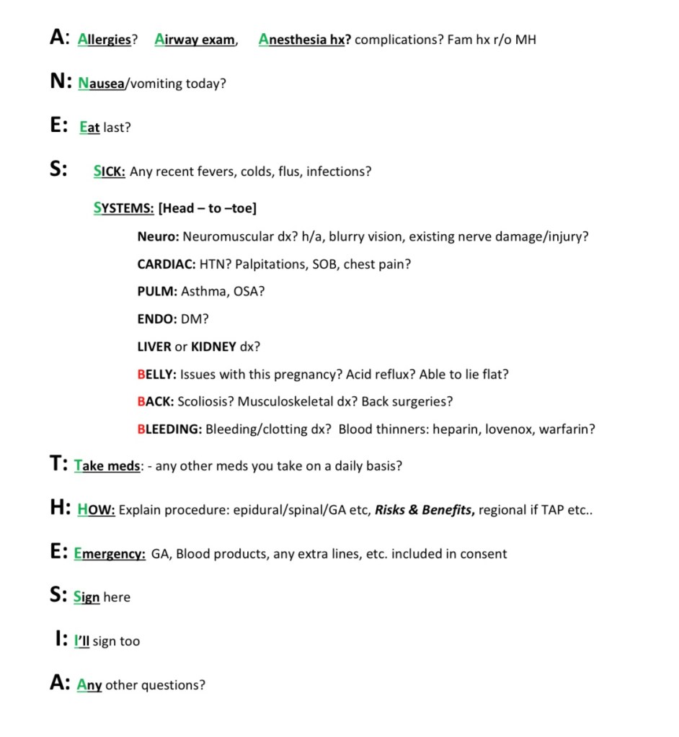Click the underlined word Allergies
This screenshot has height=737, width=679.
(105, 40)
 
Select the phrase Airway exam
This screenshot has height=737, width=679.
(195, 40)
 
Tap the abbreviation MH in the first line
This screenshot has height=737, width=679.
(525, 40)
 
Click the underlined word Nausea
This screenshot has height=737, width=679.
(101, 84)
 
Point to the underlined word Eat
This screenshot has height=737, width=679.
(89, 128)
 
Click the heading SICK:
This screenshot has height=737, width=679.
(110, 172)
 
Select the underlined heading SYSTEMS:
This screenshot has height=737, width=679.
(123, 208)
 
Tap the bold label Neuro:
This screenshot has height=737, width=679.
(158, 236)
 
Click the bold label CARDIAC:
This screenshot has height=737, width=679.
(166, 264)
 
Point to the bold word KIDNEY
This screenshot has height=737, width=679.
(213, 347)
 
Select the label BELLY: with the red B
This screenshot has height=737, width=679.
(156, 375)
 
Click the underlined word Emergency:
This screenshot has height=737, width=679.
(110, 554)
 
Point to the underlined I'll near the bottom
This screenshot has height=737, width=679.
(81, 641)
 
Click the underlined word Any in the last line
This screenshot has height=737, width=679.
(89, 685)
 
